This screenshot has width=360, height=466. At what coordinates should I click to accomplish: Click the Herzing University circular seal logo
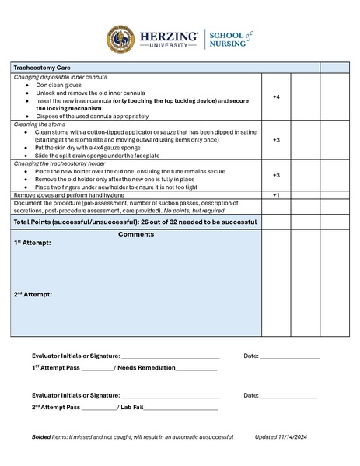(x=122, y=39)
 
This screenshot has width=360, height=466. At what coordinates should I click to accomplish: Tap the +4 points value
(x=276, y=96)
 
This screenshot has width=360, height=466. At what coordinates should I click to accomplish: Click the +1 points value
(x=276, y=194)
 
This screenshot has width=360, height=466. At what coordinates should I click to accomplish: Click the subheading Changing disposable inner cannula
(x=61, y=78)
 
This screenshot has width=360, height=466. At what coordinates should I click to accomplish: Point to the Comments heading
(x=136, y=234)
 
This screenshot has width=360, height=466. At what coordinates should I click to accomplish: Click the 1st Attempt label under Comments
(x=33, y=244)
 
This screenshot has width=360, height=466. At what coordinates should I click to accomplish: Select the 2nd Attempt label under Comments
(x=33, y=294)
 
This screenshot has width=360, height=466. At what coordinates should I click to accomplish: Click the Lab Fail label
(x=130, y=407)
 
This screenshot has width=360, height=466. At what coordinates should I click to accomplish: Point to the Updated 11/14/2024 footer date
(x=286, y=436)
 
